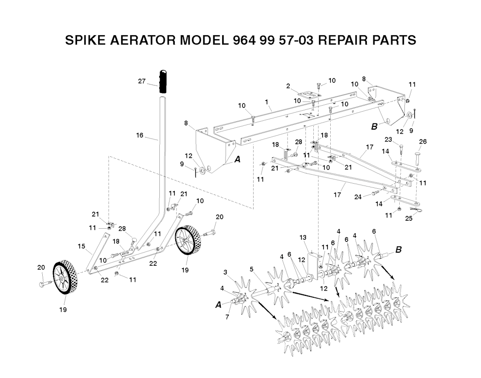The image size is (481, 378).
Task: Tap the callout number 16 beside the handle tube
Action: [140, 135]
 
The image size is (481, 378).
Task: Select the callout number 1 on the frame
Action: [267, 101]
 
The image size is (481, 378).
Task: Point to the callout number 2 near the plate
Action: [288, 86]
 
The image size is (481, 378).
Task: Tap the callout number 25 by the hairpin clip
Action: [409, 219]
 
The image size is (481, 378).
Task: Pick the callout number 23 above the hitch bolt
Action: [388, 139]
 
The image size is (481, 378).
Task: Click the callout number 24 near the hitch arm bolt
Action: [358, 197]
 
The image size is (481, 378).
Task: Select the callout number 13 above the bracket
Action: [303, 237]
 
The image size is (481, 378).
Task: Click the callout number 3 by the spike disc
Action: [225, 272]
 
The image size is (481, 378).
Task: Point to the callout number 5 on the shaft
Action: [252, 269]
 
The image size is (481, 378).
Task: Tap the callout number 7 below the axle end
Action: [227, 317]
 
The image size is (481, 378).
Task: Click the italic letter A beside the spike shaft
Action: [218, 305]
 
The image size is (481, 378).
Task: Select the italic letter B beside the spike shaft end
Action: [398, 249]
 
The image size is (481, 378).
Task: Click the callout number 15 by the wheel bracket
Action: [81, 246]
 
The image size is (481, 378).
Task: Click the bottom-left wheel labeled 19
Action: [65, 278]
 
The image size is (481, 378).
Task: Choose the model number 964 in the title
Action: [243, 40]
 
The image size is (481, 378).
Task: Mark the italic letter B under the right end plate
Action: [374, 126]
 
